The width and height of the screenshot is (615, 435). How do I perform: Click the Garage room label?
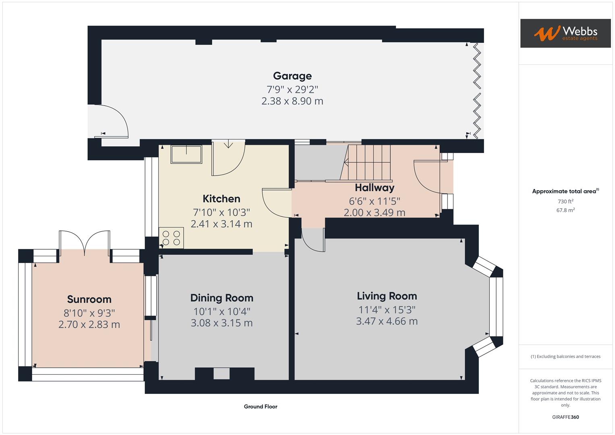[292, 76]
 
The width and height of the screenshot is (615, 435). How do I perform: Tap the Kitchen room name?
[221, 199]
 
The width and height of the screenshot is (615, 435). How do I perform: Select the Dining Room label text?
[222, 298]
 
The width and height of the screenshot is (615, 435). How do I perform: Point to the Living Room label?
[387, 296]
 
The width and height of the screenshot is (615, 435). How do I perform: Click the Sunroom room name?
[89, 299]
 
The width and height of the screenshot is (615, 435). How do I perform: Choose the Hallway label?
[374, 188]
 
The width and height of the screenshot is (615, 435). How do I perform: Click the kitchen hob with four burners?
[172, 237]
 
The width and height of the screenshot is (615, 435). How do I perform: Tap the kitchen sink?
[186, 154]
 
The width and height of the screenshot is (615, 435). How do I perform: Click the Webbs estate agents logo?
[565, 33]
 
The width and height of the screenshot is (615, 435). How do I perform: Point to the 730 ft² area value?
[565, 201]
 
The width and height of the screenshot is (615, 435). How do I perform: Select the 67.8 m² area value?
[565, 210]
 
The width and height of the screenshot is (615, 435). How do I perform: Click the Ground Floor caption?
[260, 406]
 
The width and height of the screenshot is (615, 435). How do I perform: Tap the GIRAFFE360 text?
[565, 417]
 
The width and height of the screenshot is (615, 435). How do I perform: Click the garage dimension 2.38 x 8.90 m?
[292, 101]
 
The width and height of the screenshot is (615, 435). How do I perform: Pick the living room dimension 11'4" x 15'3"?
[387, 310]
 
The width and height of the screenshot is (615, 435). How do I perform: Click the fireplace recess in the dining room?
[221, 374]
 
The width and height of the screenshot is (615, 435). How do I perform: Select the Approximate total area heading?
[565, 191]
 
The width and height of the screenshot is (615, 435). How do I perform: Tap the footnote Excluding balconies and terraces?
[565, 356]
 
